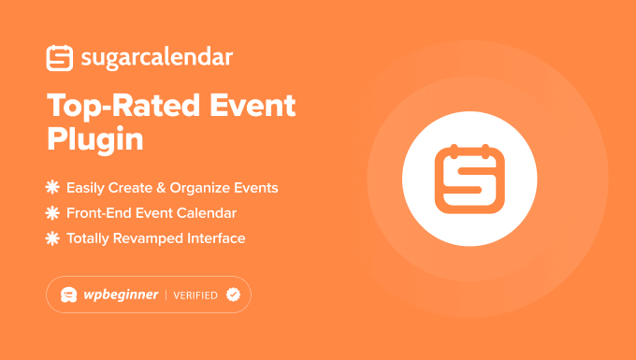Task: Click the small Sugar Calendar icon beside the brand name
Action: pos(59,58)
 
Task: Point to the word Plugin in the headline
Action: pos(94,139)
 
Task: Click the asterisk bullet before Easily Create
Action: pos(52,188)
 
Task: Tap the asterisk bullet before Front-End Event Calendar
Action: pos(52,213)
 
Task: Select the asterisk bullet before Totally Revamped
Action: pos(52,238)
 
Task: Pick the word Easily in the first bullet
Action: pos(87,188)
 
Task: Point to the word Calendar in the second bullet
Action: pos(208,213)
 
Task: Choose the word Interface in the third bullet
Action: pos(215,238)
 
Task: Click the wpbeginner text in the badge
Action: pos(119,295)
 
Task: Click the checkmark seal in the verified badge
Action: pos(233,295)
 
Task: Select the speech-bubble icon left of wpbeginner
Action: pos(68,295)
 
